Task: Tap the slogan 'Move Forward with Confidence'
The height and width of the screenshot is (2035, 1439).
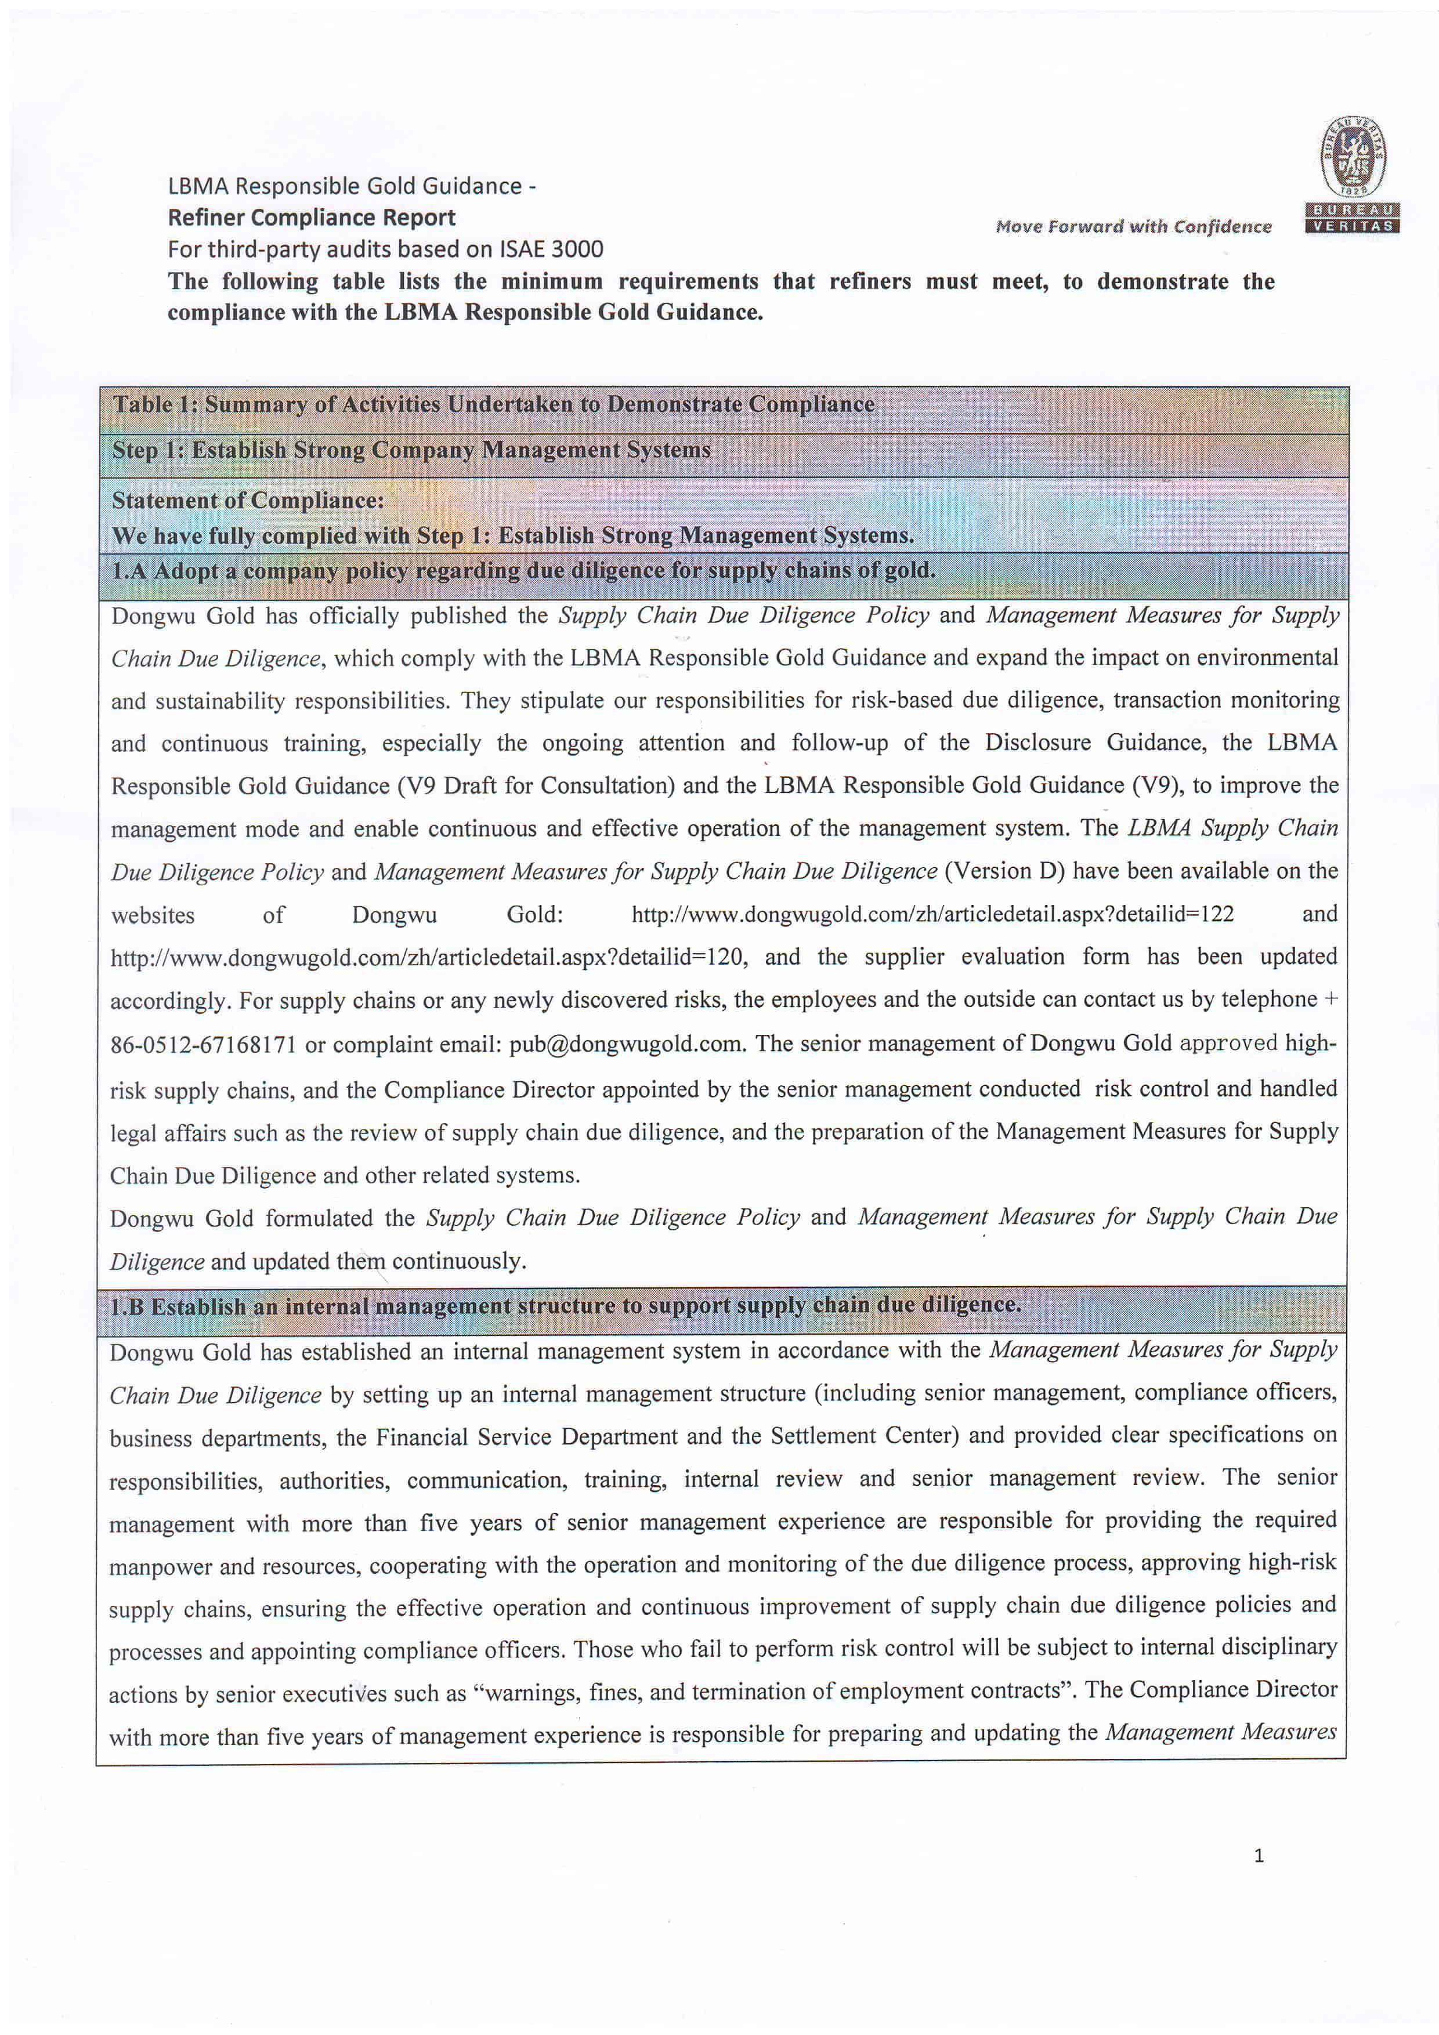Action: coord(1133,227)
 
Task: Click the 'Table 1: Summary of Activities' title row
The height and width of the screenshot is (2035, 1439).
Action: coord(493,405)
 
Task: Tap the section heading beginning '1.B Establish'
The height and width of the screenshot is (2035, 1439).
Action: coord(565,1306)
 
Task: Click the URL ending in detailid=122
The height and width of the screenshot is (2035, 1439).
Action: coord(932,915)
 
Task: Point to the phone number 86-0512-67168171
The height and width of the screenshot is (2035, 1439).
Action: coord(203,1045)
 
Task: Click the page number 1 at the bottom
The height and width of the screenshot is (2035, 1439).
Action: coord(1259,1856)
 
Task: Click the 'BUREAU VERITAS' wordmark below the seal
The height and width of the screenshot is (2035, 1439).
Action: coord(1352,218)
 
